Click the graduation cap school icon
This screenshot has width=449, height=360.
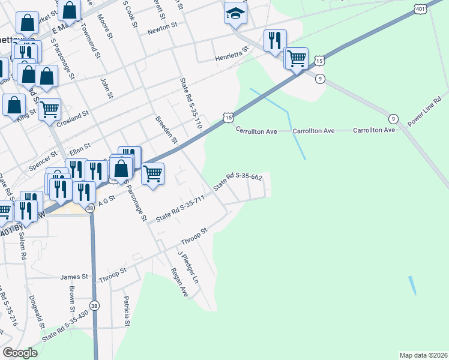tap(235, 13)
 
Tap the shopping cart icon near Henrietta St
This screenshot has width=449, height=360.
tap(296, 58)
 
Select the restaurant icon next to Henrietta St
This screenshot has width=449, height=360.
tap(275, 41)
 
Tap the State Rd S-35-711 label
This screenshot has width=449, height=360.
tap(180, 208)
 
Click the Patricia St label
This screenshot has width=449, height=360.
tap(127, 311)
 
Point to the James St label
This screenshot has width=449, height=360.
tap(74, 277)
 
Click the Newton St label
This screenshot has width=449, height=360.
tap(162, 26)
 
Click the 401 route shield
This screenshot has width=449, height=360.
tap(420, 8)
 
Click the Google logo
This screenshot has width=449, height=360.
tap(20, 353)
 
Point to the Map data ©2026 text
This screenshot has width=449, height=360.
tap(423, 355)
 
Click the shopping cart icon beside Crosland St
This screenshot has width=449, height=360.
tap(49, 109)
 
